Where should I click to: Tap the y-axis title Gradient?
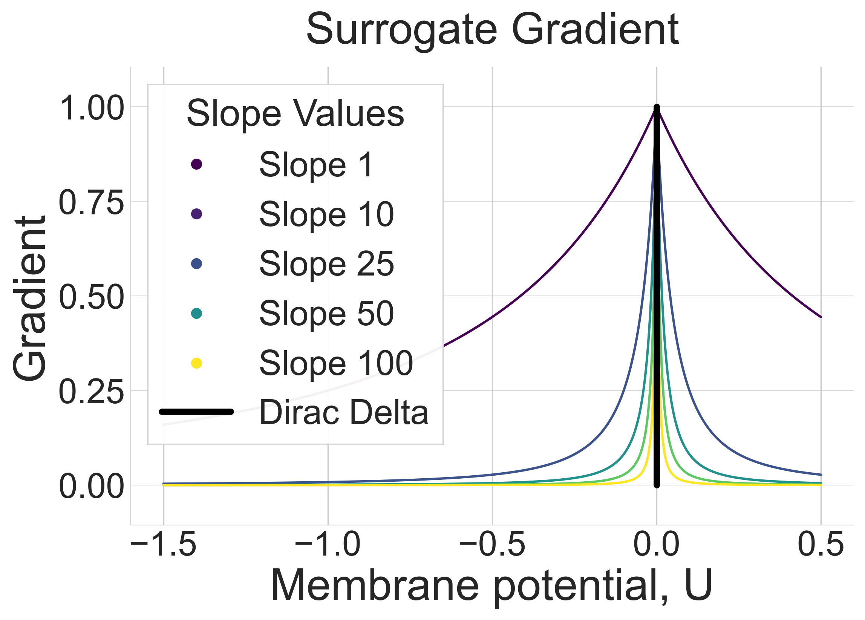30,299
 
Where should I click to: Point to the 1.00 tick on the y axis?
92,108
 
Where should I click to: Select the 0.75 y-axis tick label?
92,203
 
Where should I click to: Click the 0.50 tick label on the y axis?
92,297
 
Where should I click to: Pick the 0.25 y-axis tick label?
92,392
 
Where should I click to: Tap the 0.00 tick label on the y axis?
92,487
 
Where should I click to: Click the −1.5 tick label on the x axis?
164,545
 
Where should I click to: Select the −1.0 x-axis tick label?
328,545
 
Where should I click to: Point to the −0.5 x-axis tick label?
492,545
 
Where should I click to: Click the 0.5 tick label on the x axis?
821,545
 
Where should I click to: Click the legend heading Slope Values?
295,113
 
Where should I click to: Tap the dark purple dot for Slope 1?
196,164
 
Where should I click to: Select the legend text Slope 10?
326,214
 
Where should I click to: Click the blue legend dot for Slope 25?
196,264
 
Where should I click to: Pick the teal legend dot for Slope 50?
196,314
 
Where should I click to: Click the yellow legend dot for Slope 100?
196,363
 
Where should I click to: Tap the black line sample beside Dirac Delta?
196,412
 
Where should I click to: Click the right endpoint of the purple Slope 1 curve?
821,317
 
